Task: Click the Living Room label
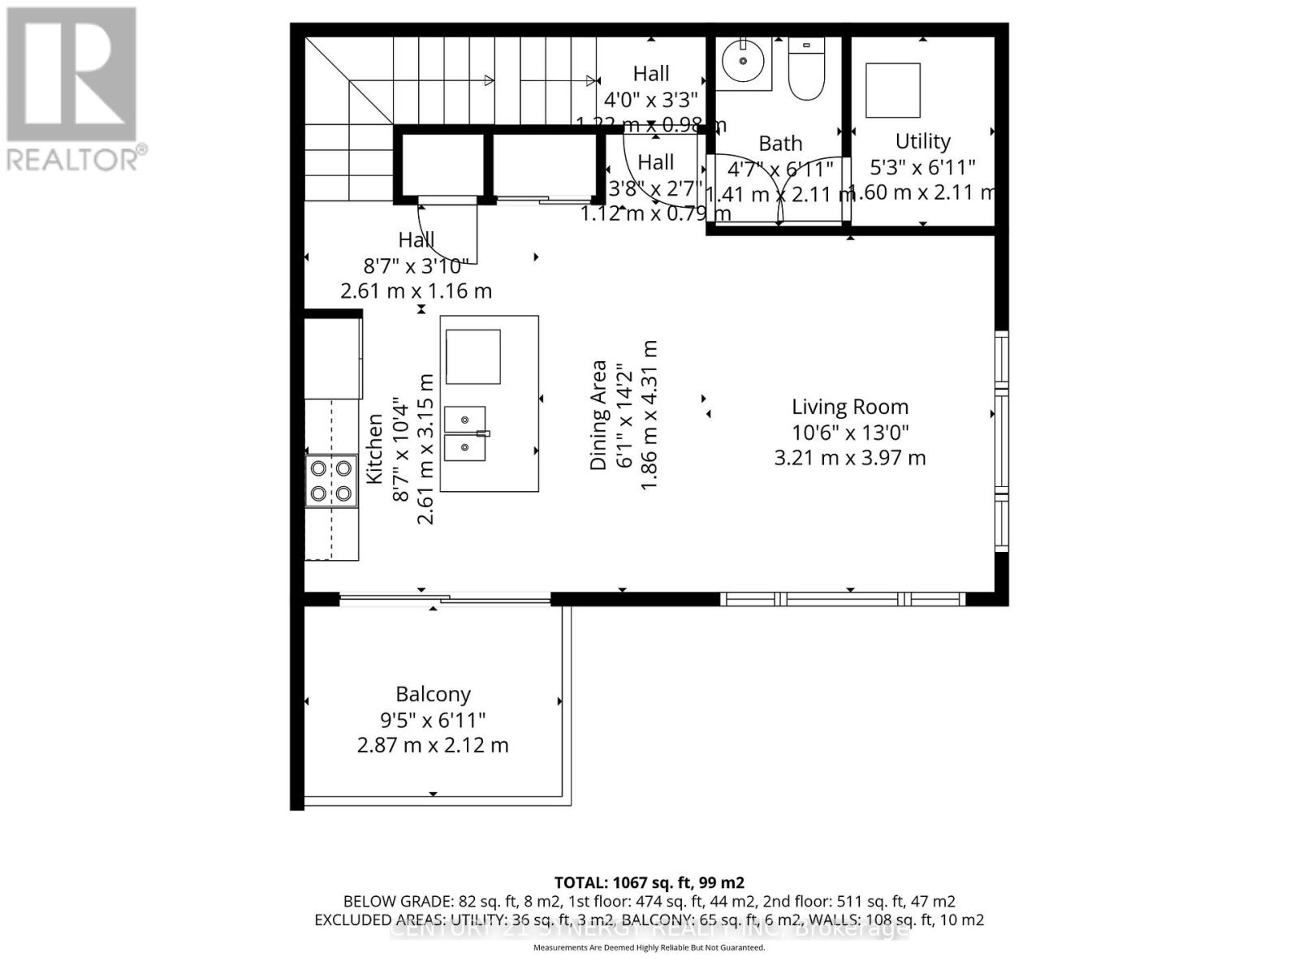[x=850, y=407]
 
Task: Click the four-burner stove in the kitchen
[x=331, y=481]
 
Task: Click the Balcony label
[x=433, y=695]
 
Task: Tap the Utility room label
[x=922, y=141]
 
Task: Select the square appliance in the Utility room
[x=892, y=90]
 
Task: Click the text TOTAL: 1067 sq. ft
[x=648, y=882]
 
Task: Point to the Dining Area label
[x=599, y=415]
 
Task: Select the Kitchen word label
[x=374, y=449]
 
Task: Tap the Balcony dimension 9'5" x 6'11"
[x=433, y=720]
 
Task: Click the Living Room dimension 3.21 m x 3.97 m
[x=850, y=458]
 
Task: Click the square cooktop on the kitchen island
[x=473, y=356]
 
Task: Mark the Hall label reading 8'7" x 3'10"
[x=416, y=265]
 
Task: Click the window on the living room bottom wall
[x=842, y=599]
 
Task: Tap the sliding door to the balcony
[x=445, y=600]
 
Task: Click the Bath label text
[x=780, y=144]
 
